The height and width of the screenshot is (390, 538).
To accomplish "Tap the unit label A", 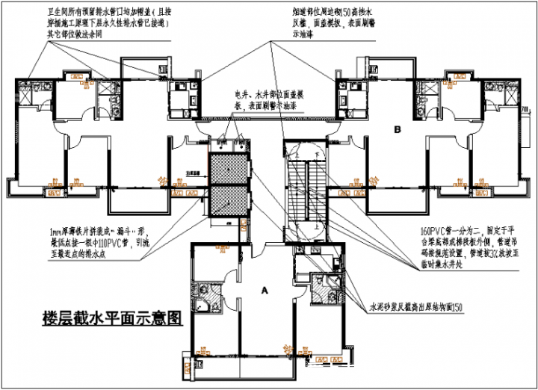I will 265,288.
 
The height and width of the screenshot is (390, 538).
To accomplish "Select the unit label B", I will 398,130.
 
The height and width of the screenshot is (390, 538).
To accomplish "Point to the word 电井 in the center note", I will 241,94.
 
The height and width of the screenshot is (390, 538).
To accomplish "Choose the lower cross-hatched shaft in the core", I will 226,204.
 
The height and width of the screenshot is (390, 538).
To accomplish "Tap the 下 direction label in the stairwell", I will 317,155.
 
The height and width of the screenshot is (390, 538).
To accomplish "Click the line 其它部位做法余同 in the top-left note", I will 75,34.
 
